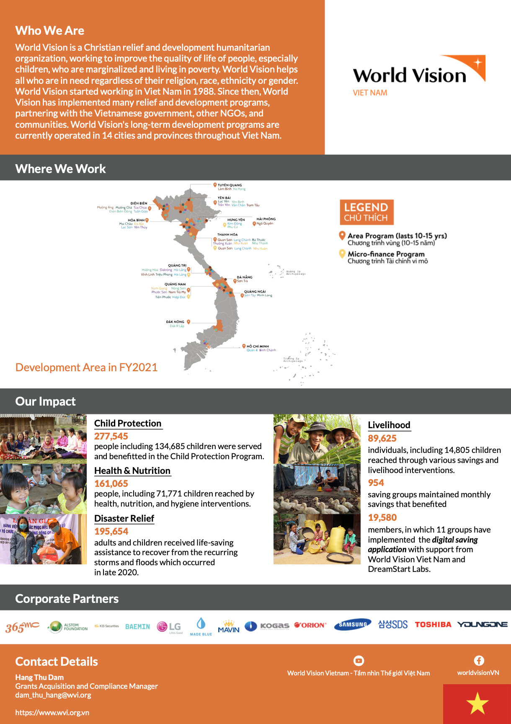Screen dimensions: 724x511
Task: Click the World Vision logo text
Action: click(x=410, y=76)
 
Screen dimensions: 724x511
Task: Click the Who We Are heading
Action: click(x=50, y=31)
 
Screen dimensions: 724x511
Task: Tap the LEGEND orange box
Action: click(x=366, y=212)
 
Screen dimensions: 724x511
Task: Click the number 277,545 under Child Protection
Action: click(x=111, y=436)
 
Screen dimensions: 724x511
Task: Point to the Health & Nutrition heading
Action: click(x=132, y=471)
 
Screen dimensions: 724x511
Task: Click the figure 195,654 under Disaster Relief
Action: click(x=111, y=531)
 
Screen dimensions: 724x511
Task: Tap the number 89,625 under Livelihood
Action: click(x=382, y=438)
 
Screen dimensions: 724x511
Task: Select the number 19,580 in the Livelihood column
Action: click(x=382, y=517)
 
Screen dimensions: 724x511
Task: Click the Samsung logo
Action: click(x=353, y=625)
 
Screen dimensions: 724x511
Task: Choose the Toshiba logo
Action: click(x=433, y=625)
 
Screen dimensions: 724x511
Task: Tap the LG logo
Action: click(x=169, y=627)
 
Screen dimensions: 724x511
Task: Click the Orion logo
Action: click(x=310, y=625)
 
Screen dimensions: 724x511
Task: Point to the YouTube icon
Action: click(x=359, y=661)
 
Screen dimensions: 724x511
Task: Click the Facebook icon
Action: click(x=479, y=661)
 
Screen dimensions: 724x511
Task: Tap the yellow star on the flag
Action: click(x=477, y=703)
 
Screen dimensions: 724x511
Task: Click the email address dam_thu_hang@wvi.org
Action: click(x=53, y=695)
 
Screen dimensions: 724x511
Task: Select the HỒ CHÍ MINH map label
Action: click(x=258, y=346)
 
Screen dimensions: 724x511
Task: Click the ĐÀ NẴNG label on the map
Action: click(x=245, y=277)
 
